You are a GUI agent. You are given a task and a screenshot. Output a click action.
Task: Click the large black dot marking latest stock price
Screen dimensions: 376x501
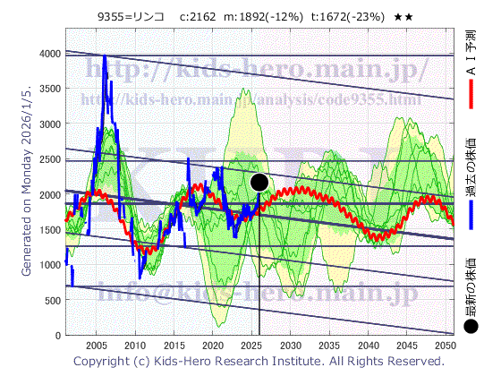(260, 183)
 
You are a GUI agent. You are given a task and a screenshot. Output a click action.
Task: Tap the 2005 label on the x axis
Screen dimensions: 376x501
(96, 345)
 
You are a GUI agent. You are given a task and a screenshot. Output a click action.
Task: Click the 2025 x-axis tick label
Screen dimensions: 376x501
(251, 345)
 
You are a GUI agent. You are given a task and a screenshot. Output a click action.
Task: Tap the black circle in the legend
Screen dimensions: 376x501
(471, 326)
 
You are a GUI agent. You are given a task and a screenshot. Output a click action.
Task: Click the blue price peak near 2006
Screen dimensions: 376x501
(105, 57)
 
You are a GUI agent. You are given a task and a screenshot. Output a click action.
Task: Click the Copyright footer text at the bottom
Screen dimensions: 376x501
(259, 362)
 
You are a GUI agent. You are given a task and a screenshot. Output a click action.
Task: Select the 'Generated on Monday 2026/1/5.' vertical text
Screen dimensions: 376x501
(27, 188)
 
